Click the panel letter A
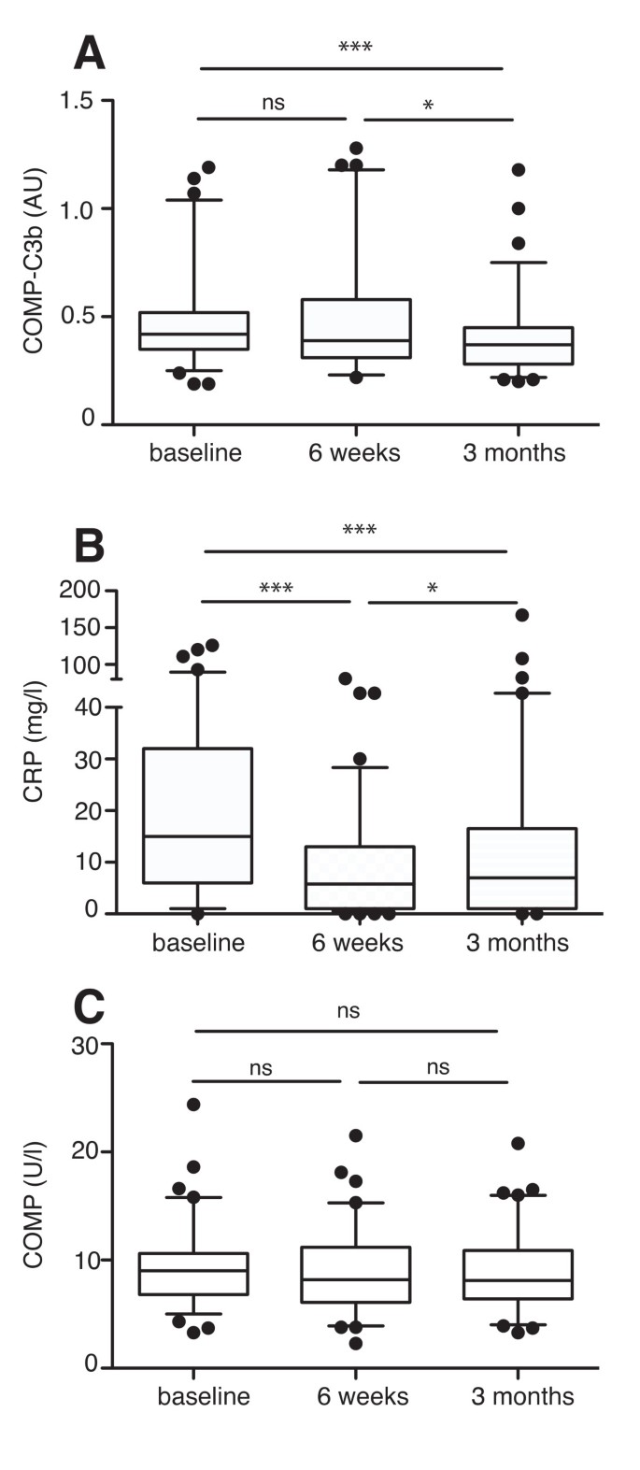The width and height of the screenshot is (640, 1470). click(89, 55)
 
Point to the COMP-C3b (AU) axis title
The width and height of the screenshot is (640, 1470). click(35, 262)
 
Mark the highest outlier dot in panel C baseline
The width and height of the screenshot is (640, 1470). click(193, 1105)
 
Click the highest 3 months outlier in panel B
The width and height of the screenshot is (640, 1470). click(522, 615)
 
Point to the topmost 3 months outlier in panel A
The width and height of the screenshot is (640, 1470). click(518, 170)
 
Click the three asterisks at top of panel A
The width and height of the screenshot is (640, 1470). click(355, 48)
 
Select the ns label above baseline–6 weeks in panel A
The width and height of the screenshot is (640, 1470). click(273, 103)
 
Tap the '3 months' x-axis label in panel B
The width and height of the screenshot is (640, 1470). click(517, 942)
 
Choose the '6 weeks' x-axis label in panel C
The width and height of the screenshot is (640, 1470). click(363, 1397)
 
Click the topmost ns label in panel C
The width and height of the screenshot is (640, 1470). click(348, 1011)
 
